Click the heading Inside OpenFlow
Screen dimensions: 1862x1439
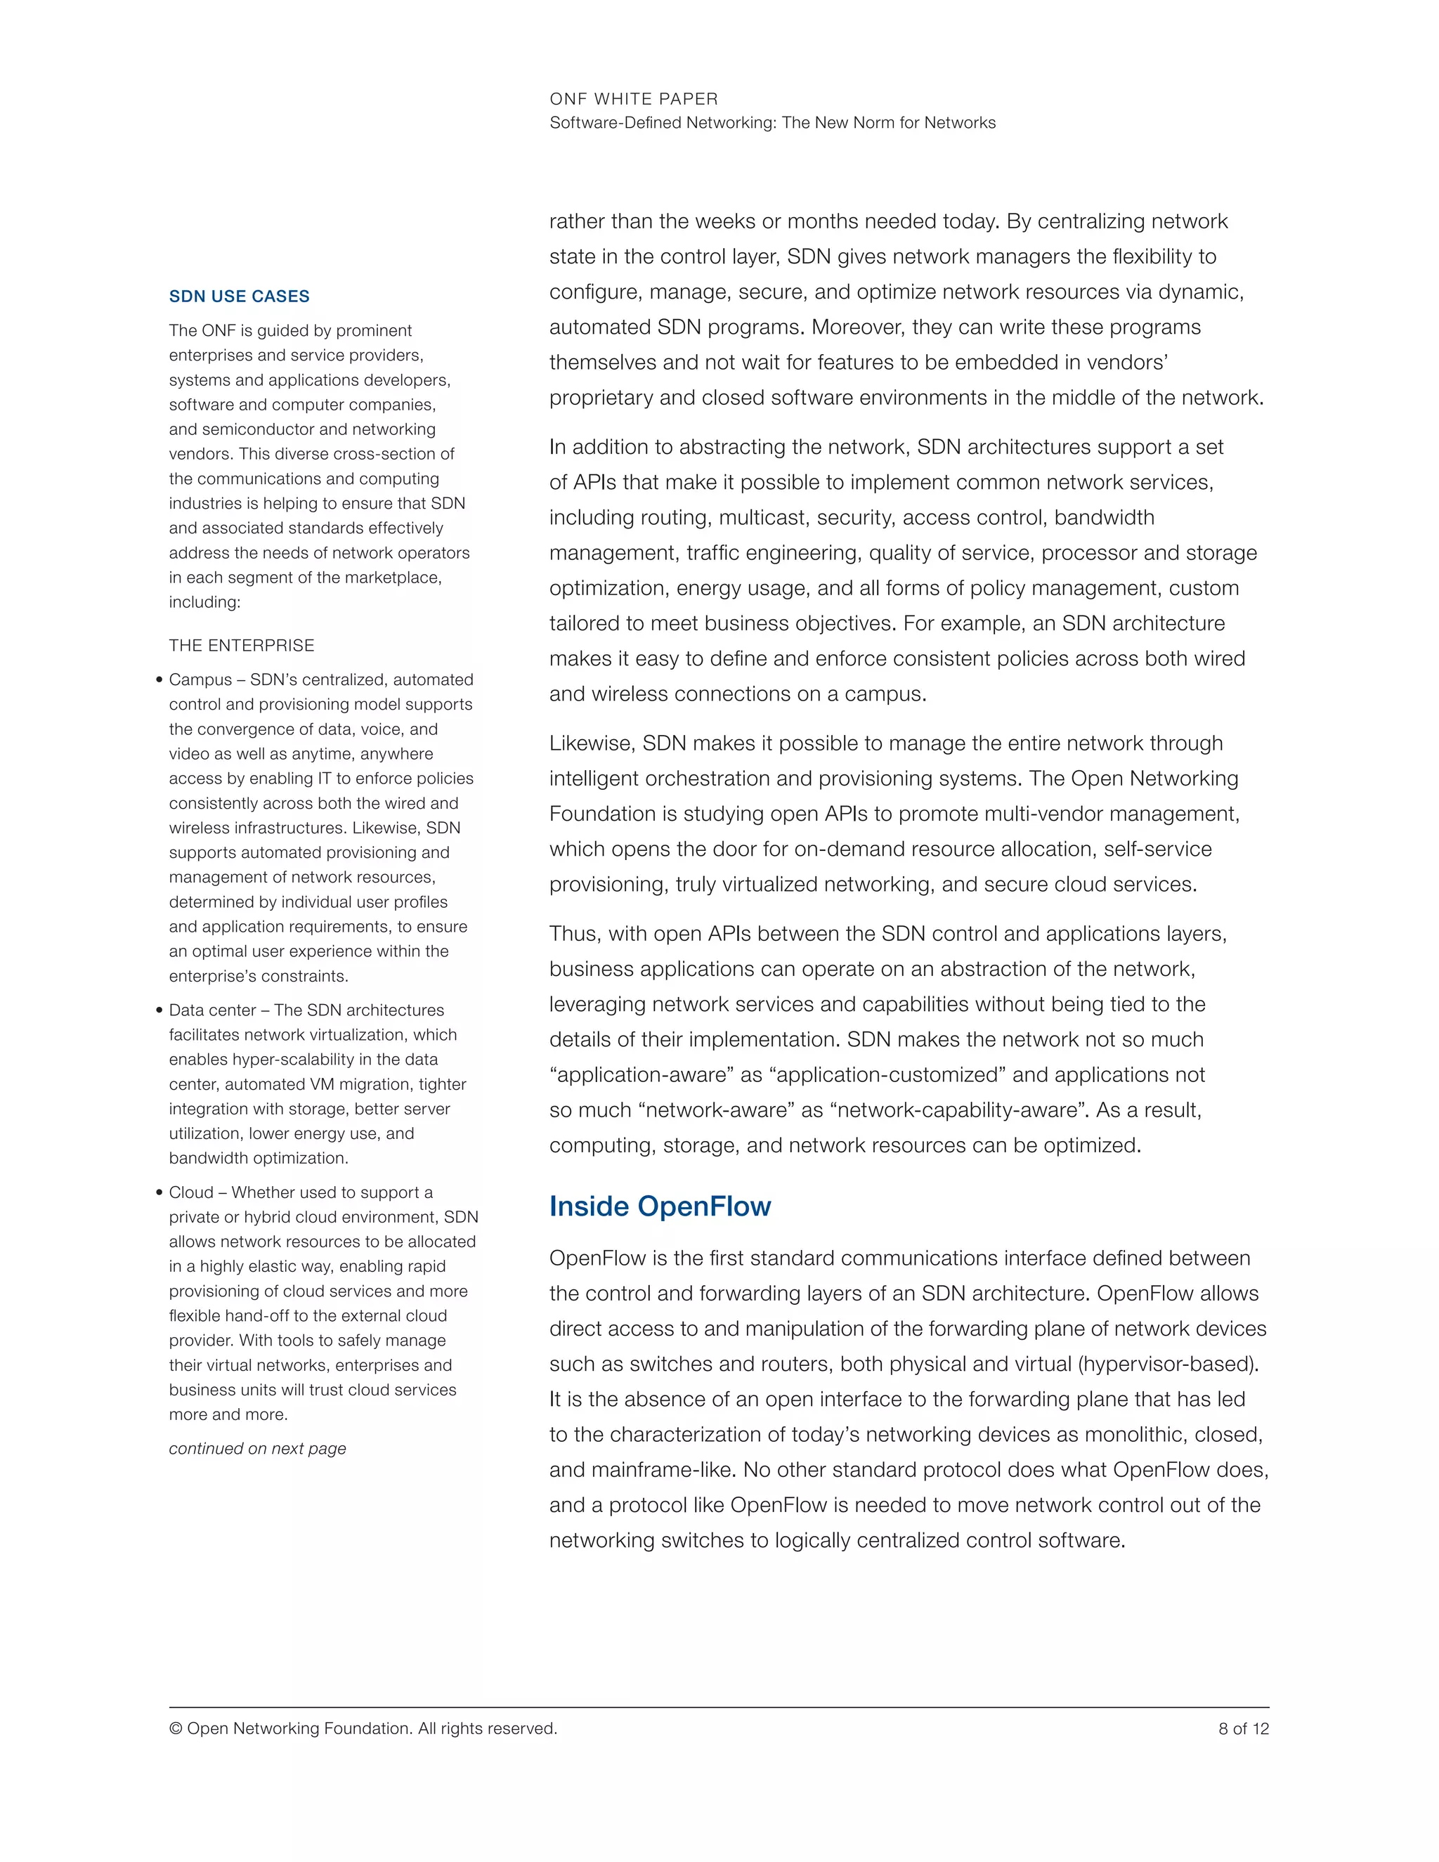(x=660, y=1206)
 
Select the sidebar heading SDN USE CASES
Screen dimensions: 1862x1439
(x=239, y=297)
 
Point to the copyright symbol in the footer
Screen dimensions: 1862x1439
(x=176, y=1728)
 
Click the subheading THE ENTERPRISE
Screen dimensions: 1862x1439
(x=241, y=646)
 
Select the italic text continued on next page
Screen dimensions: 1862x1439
(x=257, y=1449)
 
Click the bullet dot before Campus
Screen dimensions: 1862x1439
(x=159, y=680)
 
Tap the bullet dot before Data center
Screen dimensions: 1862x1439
(x=159, y=1011)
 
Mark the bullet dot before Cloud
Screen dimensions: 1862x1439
(x=159, y=1193)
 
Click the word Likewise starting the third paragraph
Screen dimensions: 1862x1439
(x=590, y=743)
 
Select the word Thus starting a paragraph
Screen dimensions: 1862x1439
(x=575, y=934)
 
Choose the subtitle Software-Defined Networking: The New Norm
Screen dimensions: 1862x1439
(x=772, y=123)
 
